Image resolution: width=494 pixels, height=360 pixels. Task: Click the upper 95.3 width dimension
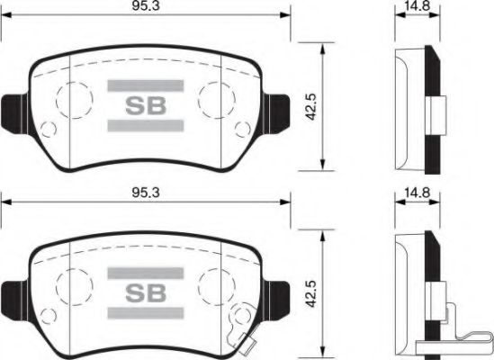[147, 8]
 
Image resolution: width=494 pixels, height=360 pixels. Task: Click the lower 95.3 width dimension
[147, 192]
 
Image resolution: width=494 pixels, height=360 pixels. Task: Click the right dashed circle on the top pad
[217, 97]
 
